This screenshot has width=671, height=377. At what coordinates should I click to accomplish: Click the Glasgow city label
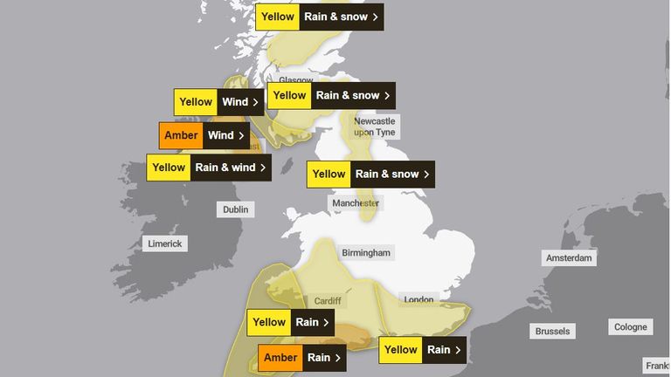[296, 80]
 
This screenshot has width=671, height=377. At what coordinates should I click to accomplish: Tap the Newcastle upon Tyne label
[374, 127]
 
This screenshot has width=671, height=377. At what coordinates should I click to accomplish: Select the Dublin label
[235, 209]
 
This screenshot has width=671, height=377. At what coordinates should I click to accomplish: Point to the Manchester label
[355, 203]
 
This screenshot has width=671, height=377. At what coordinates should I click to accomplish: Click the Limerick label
[165, 243]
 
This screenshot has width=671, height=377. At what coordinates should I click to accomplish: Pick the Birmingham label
[366, 252]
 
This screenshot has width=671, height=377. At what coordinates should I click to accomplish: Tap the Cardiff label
[328, 301]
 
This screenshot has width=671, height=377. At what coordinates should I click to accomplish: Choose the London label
[419, 300]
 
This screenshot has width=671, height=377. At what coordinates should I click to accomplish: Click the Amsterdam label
[569, 258]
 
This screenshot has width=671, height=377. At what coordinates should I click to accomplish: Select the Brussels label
[553, 331]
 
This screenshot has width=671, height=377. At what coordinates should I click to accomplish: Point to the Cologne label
[631, 326]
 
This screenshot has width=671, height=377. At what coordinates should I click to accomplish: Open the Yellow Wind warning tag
[218, 102]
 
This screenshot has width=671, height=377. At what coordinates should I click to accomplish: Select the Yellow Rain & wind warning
[208, 167]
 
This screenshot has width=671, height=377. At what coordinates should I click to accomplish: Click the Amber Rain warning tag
[301, 357]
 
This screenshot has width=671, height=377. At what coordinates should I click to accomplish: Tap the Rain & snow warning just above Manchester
[370, 174]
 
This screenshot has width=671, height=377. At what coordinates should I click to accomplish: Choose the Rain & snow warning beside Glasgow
[330, 95]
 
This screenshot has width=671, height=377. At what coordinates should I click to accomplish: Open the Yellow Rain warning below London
[420, 350]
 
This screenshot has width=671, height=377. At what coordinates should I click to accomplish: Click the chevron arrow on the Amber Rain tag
[337, 357]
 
